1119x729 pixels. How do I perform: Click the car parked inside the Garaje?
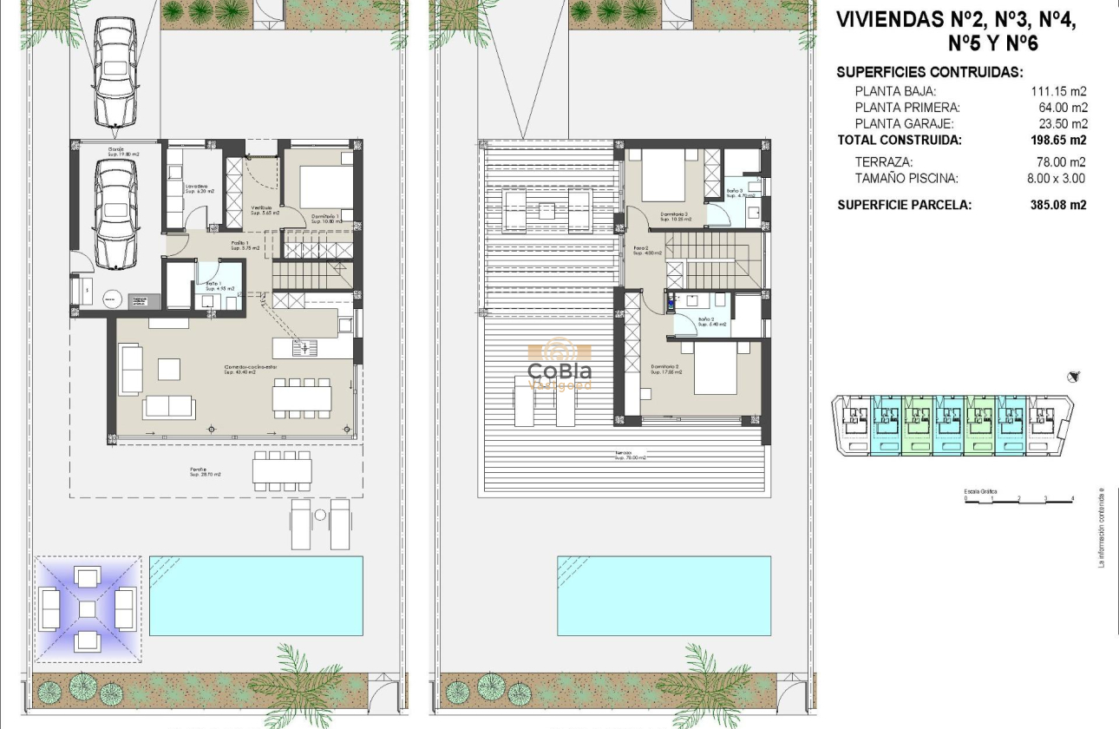coord(116,214)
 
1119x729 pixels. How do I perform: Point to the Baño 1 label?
coord(214,286)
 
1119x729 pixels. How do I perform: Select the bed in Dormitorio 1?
coord(327,187)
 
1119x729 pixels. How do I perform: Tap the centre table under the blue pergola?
coord(87,608)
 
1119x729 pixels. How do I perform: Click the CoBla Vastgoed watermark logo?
coord(560,365)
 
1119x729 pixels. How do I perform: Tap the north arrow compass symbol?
coord(1075,376)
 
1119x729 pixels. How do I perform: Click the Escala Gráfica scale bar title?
coord(980,492)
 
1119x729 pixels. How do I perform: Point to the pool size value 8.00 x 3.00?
coord(1056,179)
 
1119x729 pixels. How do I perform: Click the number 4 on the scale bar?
coord(1072,498)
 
